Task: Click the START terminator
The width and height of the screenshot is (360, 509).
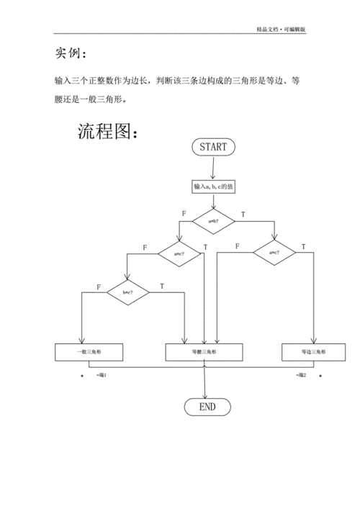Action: tap(213, 147)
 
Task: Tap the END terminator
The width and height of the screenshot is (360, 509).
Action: tap(207, 407)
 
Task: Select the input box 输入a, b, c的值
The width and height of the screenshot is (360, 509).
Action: tap(213, 186)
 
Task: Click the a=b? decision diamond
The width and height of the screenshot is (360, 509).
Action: tap(213, 221)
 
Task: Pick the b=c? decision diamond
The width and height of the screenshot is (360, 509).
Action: tap(128, 292)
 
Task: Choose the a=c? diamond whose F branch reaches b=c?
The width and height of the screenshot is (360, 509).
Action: tap(180, 253)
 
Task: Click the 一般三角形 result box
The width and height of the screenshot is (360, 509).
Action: tap(89, 352)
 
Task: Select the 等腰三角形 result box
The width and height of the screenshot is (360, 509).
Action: tap(204, 352)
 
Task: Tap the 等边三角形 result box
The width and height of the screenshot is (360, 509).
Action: tap(313, 352)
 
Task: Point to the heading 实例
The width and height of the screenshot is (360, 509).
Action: tap(71, 54)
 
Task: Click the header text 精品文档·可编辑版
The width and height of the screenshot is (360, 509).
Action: tap(281, 30)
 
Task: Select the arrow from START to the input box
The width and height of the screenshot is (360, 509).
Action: tap(213, 168)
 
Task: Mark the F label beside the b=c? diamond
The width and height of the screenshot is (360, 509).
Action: tap(99, 287)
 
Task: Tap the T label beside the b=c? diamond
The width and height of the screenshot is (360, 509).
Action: tap(161, 287)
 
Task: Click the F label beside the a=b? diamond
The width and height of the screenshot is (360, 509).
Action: tap(184, 215)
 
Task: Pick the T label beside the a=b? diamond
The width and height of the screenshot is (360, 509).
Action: tap(242, 215)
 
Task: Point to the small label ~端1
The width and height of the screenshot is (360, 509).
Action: tap(101, 375)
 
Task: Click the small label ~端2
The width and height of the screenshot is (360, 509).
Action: tap(301, 375)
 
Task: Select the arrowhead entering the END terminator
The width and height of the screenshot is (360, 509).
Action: tap(207, 395)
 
